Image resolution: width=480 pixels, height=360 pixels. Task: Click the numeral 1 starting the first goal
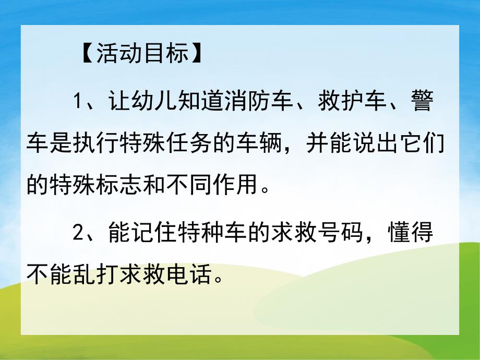click(x=78, y=101)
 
